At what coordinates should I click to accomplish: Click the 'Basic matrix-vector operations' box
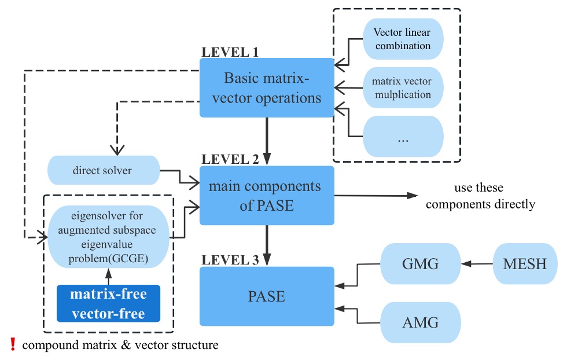[x=267, y=87]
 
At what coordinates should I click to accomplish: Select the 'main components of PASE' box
[x=267, y=195]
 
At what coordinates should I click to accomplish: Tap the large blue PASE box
[x=267, y=296]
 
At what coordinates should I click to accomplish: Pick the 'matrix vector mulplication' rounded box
[x=403, y=87]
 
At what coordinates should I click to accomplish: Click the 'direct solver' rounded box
[x=102, y=171]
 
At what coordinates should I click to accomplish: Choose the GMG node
[x=420, y=265]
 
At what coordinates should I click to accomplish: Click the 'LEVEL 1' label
[x=229, y=52]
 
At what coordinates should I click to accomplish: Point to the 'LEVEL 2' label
[x=229, y=159]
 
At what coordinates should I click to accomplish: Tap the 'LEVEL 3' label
[x=229, y=260]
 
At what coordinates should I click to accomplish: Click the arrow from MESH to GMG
[x=477, y=265]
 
